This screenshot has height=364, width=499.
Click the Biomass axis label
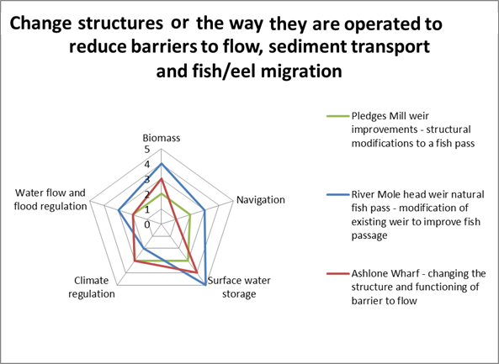[x=162, y=138]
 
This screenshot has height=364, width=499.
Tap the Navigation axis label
[x=261, y=200]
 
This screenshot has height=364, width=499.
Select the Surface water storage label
[x=239, y=287]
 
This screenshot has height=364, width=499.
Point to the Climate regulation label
[x=92, y=287]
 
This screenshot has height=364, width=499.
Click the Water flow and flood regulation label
[x=50, y=199]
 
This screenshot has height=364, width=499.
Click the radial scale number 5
[x=146, y=150]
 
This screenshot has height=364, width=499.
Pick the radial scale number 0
[x=146, y=224]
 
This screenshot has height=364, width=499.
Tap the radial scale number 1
[x=146, y=209]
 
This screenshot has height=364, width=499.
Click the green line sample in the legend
[x=338, y=116]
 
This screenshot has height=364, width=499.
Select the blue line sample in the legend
[x=338, y=194]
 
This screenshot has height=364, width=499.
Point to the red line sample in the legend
[x=338, y=273]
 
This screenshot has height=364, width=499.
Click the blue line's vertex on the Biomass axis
[x=162, y=164]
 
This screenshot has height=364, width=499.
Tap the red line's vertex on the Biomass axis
[x=162, y=179]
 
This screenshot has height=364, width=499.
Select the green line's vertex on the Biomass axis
[x=162, y=193]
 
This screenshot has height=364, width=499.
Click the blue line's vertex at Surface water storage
[x=205, y=285]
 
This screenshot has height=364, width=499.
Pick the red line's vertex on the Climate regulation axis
[x=135, y=261]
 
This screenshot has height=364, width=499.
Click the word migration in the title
[x=301, y=71]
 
